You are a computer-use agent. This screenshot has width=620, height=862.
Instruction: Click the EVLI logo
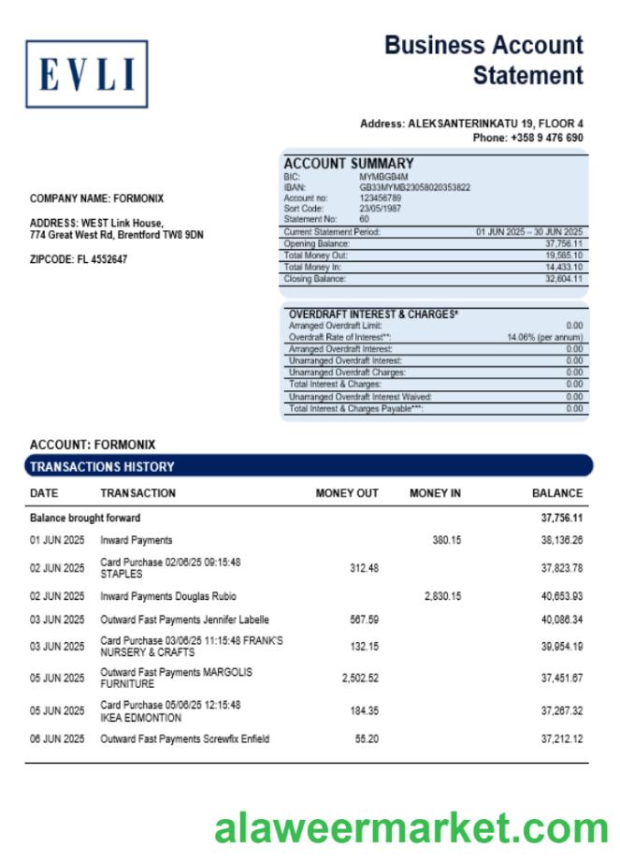coord(86,74)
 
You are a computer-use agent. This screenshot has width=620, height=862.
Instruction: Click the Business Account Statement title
coord(483,60)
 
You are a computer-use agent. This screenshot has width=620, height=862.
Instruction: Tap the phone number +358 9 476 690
coord(546,138)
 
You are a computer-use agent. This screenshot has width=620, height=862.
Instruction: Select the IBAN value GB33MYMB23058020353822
coord(414,187)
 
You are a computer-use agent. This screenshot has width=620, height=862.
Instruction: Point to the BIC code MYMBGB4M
coord(383,176)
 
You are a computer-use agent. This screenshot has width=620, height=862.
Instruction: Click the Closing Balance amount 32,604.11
coord(564,279)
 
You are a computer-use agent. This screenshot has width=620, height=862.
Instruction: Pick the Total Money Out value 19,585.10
coord(564,256)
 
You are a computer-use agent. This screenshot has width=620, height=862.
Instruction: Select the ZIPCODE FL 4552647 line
coord(79,259)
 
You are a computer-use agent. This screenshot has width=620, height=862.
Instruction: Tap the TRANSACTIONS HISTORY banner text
coord(102,466)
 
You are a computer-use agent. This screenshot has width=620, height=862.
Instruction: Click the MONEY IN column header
coord(435,493)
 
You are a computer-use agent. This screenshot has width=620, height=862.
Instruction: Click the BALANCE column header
coord(556,493)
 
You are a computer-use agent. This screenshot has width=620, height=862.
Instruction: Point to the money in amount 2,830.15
coord(442,596)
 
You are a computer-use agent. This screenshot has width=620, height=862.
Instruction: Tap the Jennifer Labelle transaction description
coord(184,620)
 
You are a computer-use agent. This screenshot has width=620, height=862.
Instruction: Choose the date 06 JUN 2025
coord(57,739)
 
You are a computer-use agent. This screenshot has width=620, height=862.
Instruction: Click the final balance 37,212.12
coord(561,739)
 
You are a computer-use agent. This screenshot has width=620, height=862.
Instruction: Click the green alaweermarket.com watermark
coord(411,829)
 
